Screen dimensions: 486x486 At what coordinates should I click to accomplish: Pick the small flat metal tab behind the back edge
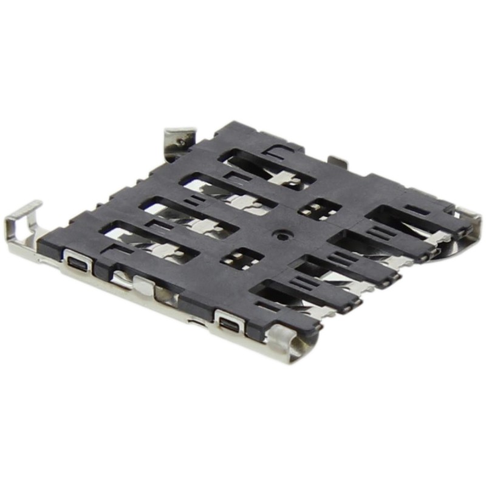point(338,161)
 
